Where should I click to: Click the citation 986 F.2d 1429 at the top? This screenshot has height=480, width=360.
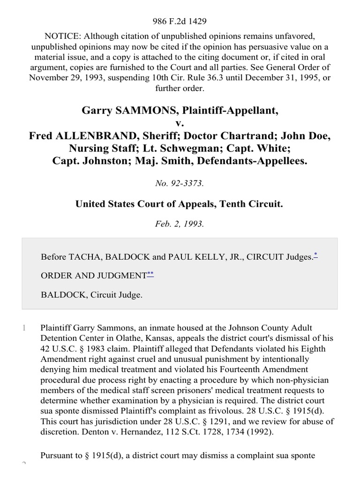pyautogui.click(x=180, y=21)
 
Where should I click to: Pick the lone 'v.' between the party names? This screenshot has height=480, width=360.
pyautogui.click(x=180, y=123)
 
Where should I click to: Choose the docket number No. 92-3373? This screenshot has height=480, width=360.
pyautogui.click(x=180, y=184)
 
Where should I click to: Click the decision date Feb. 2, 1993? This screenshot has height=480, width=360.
pyautogui.click(x=180, y=224)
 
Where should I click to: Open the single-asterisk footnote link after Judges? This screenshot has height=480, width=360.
pyautogui.click(x=315, y=255)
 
